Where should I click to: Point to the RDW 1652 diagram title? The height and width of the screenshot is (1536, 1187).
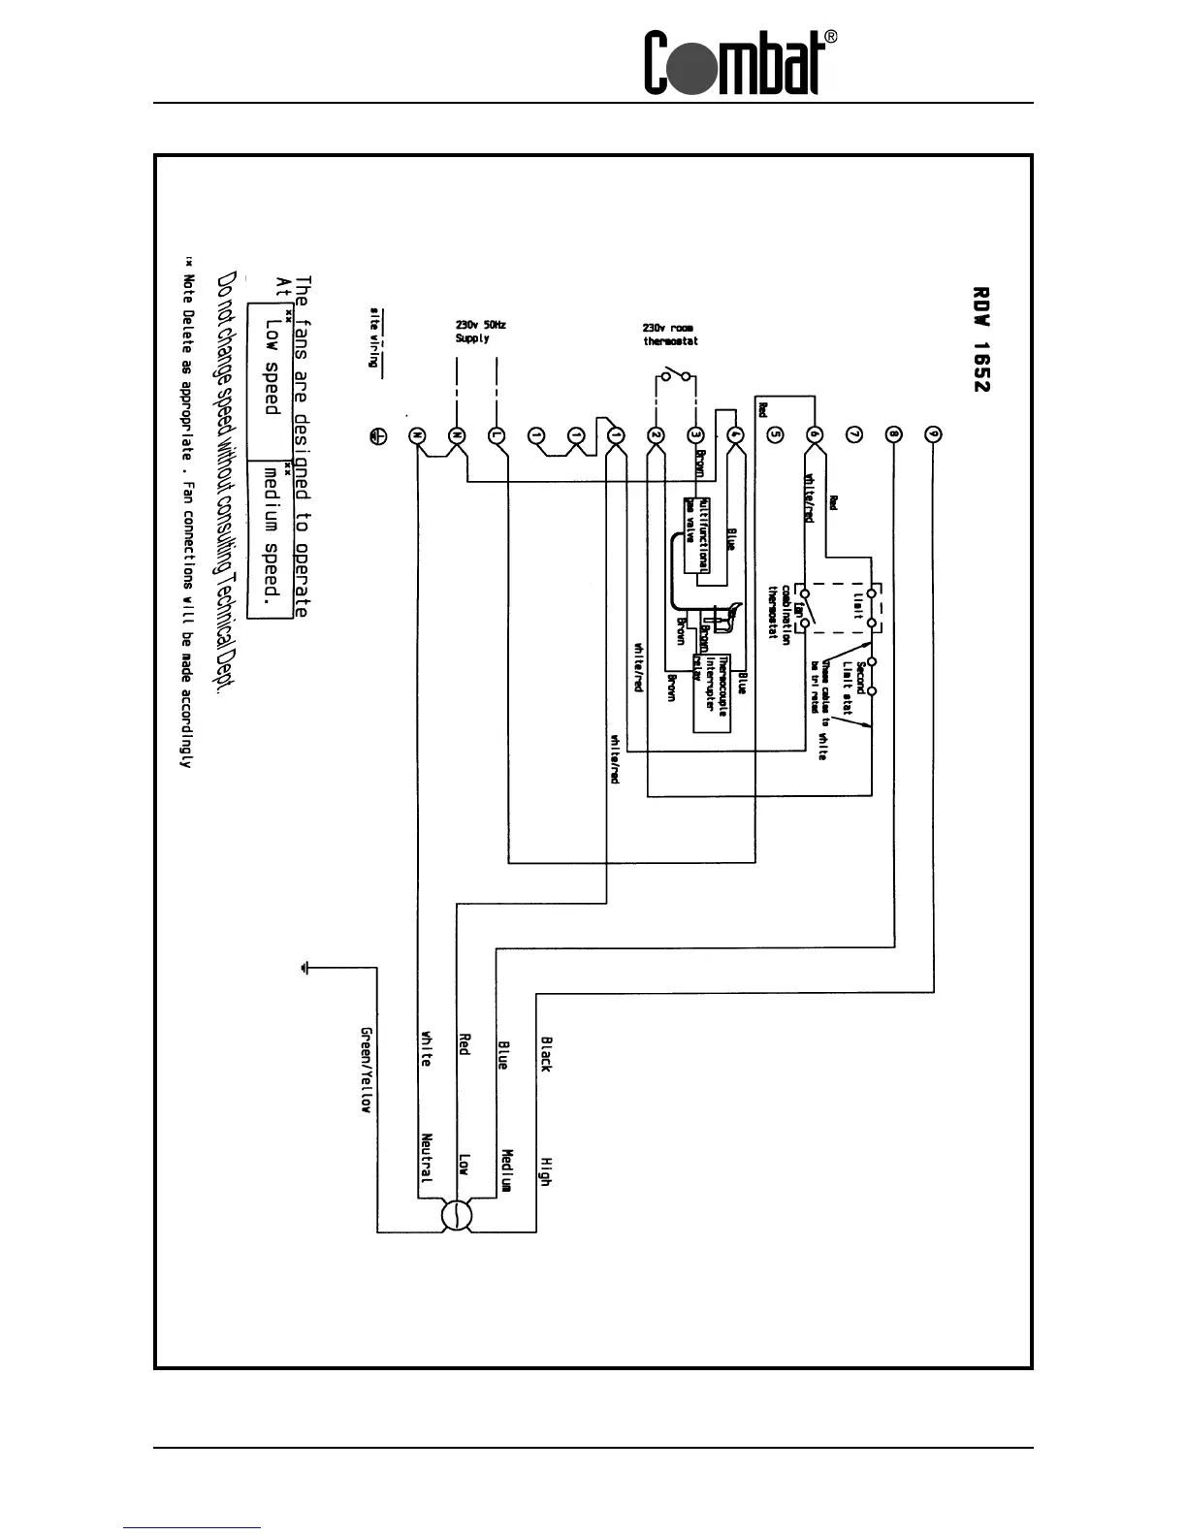(x=980, y=338)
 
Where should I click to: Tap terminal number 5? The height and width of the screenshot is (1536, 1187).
(x=774, y=435)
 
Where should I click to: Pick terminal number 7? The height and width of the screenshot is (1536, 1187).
(x=853, y=435)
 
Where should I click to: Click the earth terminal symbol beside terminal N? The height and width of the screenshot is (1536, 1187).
(x=379, y=436)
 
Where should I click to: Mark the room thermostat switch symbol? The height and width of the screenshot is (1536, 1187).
(x=675, y=375)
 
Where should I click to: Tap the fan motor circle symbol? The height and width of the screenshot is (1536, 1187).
(x=455, y=1215)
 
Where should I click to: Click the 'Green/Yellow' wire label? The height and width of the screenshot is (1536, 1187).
(x=366, y=1070)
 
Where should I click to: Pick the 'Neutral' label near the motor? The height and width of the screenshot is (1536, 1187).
(x=427, y=1158)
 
